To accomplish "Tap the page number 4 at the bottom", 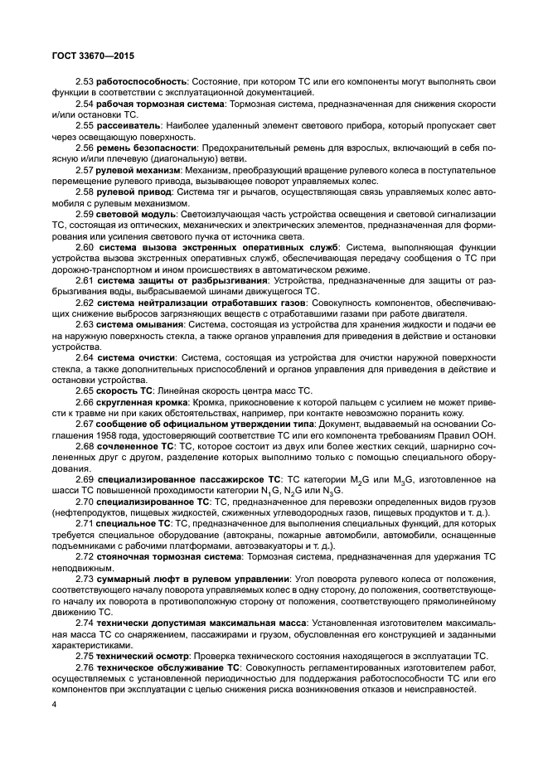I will (53, 705).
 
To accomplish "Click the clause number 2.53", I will (85, 82).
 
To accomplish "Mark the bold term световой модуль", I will (136, 214).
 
